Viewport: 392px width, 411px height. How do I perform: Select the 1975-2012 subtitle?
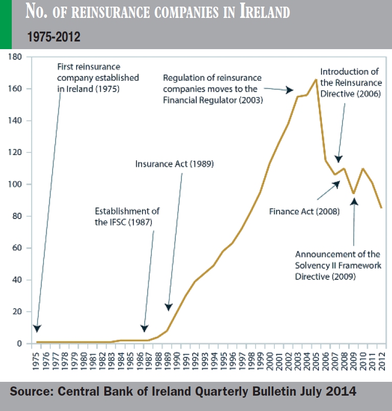pyautogui.click(x=53, y=37)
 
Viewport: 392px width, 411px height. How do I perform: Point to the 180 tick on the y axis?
pyautogui.click(x=14, y=57)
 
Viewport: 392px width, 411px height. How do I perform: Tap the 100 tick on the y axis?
pyautogui.click(x=14, y=184)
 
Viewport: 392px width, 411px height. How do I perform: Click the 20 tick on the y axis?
pyautogui.click(x=17, y=312)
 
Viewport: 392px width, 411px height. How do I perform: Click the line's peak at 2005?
pyautogui.click(x=315, y=79)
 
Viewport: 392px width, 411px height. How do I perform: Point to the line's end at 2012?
pyautogui.click(x=381, y=208)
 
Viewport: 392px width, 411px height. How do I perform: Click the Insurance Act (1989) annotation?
pyautogui.click(x=174, y=165)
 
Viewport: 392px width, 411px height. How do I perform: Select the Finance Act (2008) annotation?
pyautogui.click(x=305, y=210)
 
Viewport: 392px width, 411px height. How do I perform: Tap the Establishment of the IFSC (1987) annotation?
pyautogui.click(x=128, y=217)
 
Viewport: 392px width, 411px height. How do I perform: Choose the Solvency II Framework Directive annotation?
pyautogui.click(x=337, y=265)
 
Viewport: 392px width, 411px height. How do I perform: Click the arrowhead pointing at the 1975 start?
pyautogui.click(x=37, y=329)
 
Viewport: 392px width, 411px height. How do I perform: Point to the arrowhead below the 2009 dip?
pyautogui.click(x=354, y=202)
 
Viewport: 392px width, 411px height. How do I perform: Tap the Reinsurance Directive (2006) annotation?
pyautogui.click(x=351, y=82)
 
